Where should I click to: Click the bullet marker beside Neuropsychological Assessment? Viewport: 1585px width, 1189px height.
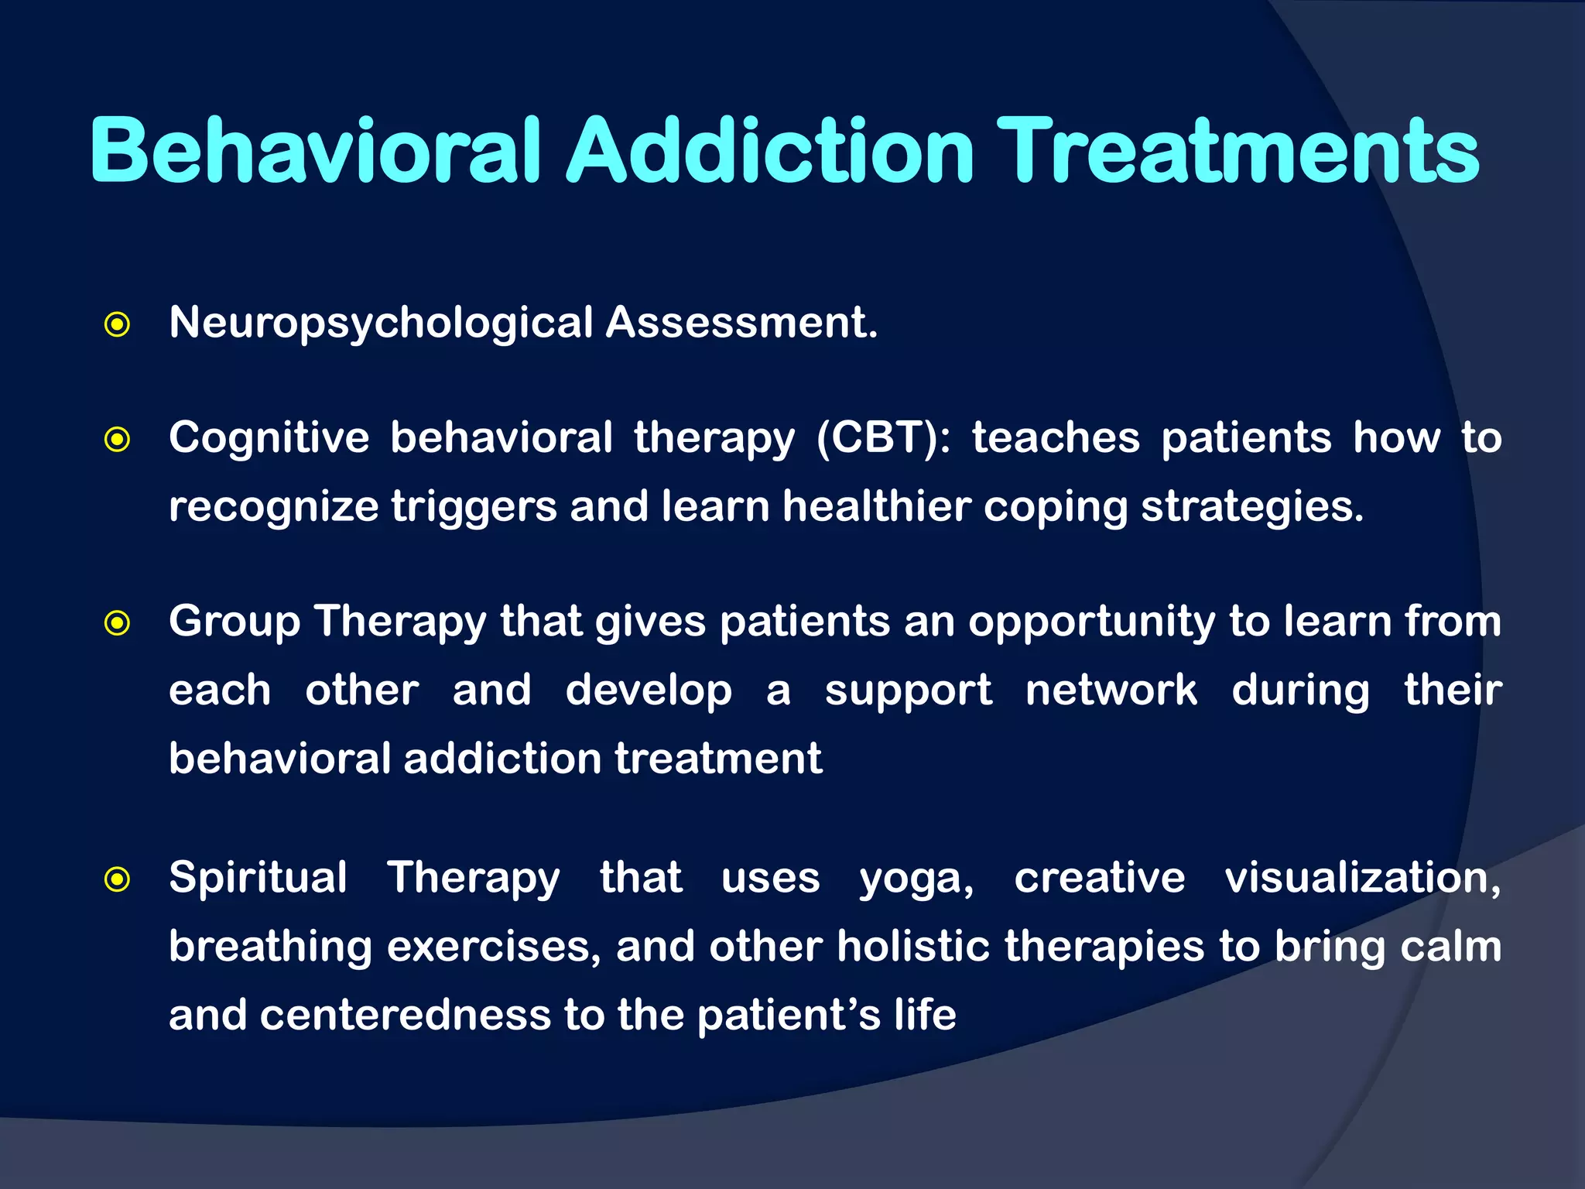[x=117, y=324]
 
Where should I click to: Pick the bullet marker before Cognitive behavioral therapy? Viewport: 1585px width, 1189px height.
[x=117, y=440]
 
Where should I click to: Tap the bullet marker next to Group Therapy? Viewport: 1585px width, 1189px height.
[x=117, y=622]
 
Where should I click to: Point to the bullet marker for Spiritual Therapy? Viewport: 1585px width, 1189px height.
[x=117, y=879]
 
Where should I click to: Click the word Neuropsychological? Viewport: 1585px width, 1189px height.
[x=381, y=324]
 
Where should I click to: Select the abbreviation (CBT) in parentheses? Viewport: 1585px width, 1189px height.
[x=883, y=438]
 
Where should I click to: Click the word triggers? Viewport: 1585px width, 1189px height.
[x=474, y=508]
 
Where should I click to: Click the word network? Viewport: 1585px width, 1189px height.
[x=1111, y=690]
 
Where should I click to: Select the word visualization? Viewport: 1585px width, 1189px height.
[x=1362, y=878]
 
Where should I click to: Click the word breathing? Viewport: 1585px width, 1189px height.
[x=270, y=947]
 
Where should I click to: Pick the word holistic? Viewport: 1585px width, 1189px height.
[x=913, y=946]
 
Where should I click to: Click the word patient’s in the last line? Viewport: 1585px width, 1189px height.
[x=789, y=1016]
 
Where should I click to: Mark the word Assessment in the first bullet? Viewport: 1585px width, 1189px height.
[x=741, y=322]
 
